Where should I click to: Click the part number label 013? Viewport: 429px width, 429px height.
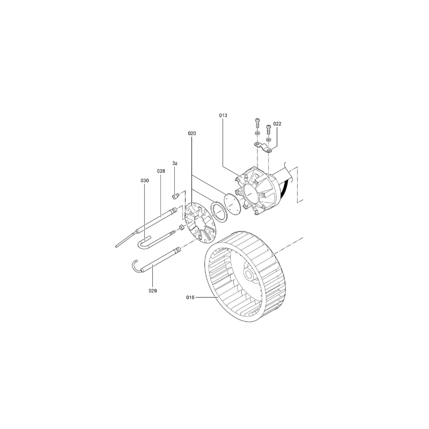[223, 115]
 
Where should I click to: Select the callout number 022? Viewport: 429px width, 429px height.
[277, 124]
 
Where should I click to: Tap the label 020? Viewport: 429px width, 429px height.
[192, 134]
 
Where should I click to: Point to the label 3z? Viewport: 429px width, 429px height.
[175, 164]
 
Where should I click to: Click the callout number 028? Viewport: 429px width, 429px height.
[161, 171]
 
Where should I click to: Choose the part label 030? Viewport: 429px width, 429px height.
[145, 181]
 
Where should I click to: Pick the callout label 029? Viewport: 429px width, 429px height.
[153, 291]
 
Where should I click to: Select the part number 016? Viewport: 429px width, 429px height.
[190, 298]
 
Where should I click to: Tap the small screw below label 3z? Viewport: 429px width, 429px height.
[175, 196]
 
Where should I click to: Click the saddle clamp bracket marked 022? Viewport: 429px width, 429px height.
[263, 146]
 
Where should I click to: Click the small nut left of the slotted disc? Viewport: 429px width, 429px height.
[181, 227]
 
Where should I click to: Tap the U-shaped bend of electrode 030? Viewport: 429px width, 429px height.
[142, 243]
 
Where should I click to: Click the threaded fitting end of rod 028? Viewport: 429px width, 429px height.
[174, 211]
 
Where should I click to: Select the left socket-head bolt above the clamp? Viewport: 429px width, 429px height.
[257, 123]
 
